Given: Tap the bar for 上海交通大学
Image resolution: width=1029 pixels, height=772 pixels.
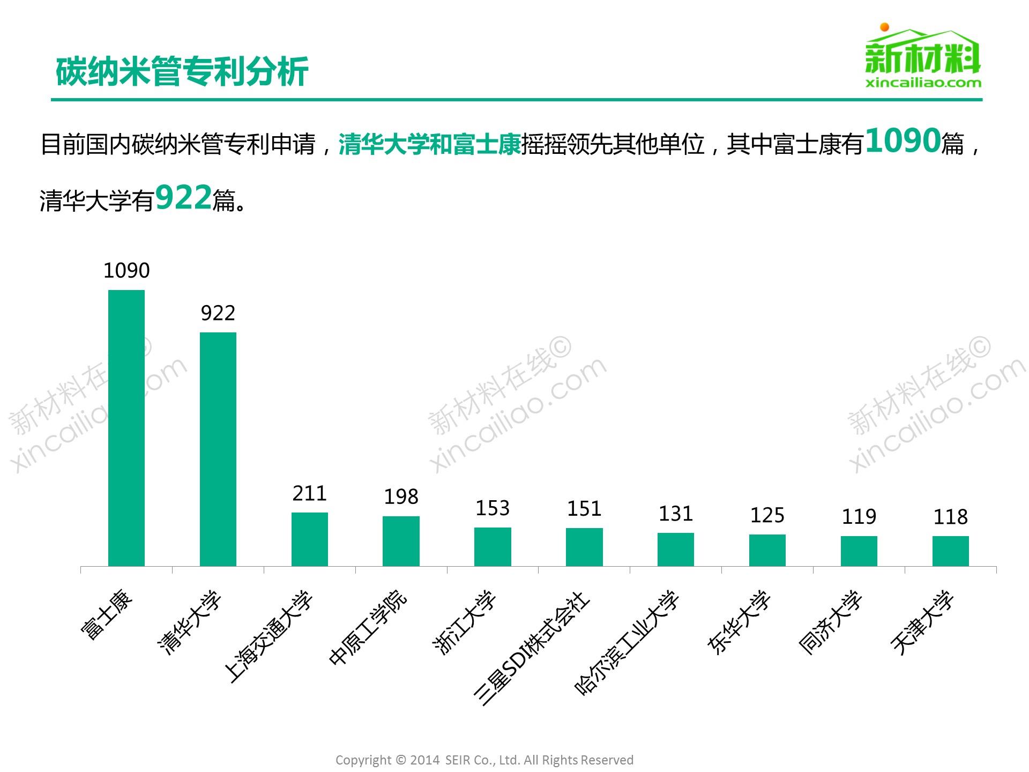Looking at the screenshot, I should [x=310, y=539].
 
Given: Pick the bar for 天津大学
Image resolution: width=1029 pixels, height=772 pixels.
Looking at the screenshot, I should [x=950, y=551].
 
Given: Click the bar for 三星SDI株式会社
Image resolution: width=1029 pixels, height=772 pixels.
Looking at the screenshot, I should [x=584, y=547].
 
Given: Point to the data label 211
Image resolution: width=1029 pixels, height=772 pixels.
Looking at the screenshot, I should [x=310, y=493].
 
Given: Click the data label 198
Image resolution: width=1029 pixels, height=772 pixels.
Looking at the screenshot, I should [x=401, y=497].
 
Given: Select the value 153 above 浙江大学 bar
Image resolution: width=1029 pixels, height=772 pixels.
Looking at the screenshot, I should [x=493, y=508].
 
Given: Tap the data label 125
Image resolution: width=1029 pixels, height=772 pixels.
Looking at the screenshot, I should [x=767, y=516].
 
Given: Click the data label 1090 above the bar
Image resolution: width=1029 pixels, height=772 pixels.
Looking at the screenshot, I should [x=126, y=271].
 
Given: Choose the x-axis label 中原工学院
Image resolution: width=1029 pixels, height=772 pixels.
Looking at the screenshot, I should [x=369, y=627].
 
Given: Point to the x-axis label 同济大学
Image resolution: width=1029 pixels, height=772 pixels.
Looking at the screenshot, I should [x=831, y=622].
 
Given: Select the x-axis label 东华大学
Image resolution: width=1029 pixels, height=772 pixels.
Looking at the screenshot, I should [x=740, y=622].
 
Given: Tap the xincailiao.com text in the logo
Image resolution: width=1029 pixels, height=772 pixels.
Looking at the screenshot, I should [x=923, y=83].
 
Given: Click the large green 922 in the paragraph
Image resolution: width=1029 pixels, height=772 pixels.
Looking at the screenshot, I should [x=183, y=198].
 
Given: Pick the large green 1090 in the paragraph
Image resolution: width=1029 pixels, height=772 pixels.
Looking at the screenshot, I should [x=903, y=141].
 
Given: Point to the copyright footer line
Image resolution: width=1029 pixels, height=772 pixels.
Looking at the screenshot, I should [x=484, y=760].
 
